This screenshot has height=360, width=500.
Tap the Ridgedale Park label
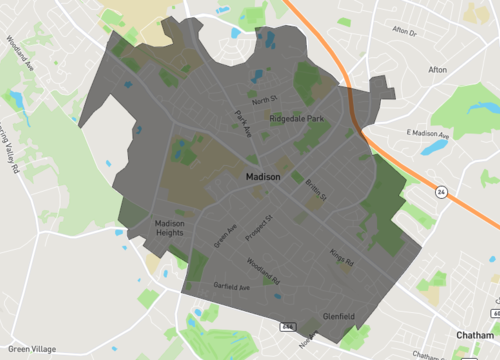click(296, 119)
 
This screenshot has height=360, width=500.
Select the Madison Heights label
click(169, 228)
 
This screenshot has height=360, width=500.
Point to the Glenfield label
click(339, 316)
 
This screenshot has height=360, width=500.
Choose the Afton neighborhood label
click(438, 70)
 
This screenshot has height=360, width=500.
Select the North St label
click(264, 100)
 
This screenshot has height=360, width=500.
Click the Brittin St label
click(317, 189)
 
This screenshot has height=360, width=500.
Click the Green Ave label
click(225, 236)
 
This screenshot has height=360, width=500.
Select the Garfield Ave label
click(230, 287)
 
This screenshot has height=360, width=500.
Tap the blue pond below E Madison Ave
click(434, 148)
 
